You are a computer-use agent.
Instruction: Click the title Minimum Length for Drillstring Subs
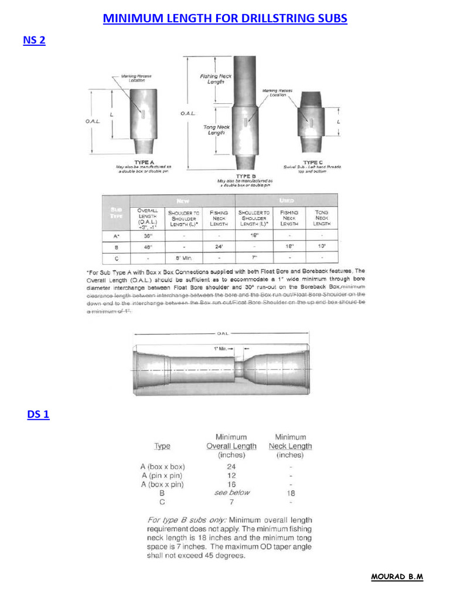pyautogui.click(x=225, y=19)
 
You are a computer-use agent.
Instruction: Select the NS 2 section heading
pyautogui.click(x=34, y=40)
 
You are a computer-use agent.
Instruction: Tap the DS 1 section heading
pyautogui.click(x=38, y=415)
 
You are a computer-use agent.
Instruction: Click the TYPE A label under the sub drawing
pyautogui.click(x=144, y=161)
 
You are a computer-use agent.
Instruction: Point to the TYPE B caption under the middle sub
pyautogui.click(x=246, y=176)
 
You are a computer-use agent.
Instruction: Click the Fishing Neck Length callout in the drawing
pyautogui.click(x=216, y=79)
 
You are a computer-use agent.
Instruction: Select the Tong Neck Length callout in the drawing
pyautogui.click(x=217, y=130)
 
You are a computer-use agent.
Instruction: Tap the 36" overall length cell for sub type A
pyautogui.click(x=148, y=235)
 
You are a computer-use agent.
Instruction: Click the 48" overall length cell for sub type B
pyautogui.click(x=148, y=247)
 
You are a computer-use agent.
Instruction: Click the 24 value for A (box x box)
pyautogui.click(x=231, y=467)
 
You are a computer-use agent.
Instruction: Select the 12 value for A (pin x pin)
pyautogui.click(x=231, y=475)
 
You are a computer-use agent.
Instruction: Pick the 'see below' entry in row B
pyautogui.click(x=231, y=493)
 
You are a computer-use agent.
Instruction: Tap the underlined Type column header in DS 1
pyautogui.click(x=162, y=446)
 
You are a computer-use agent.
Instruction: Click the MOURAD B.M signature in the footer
pyautogui.click(x=397, y=577)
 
